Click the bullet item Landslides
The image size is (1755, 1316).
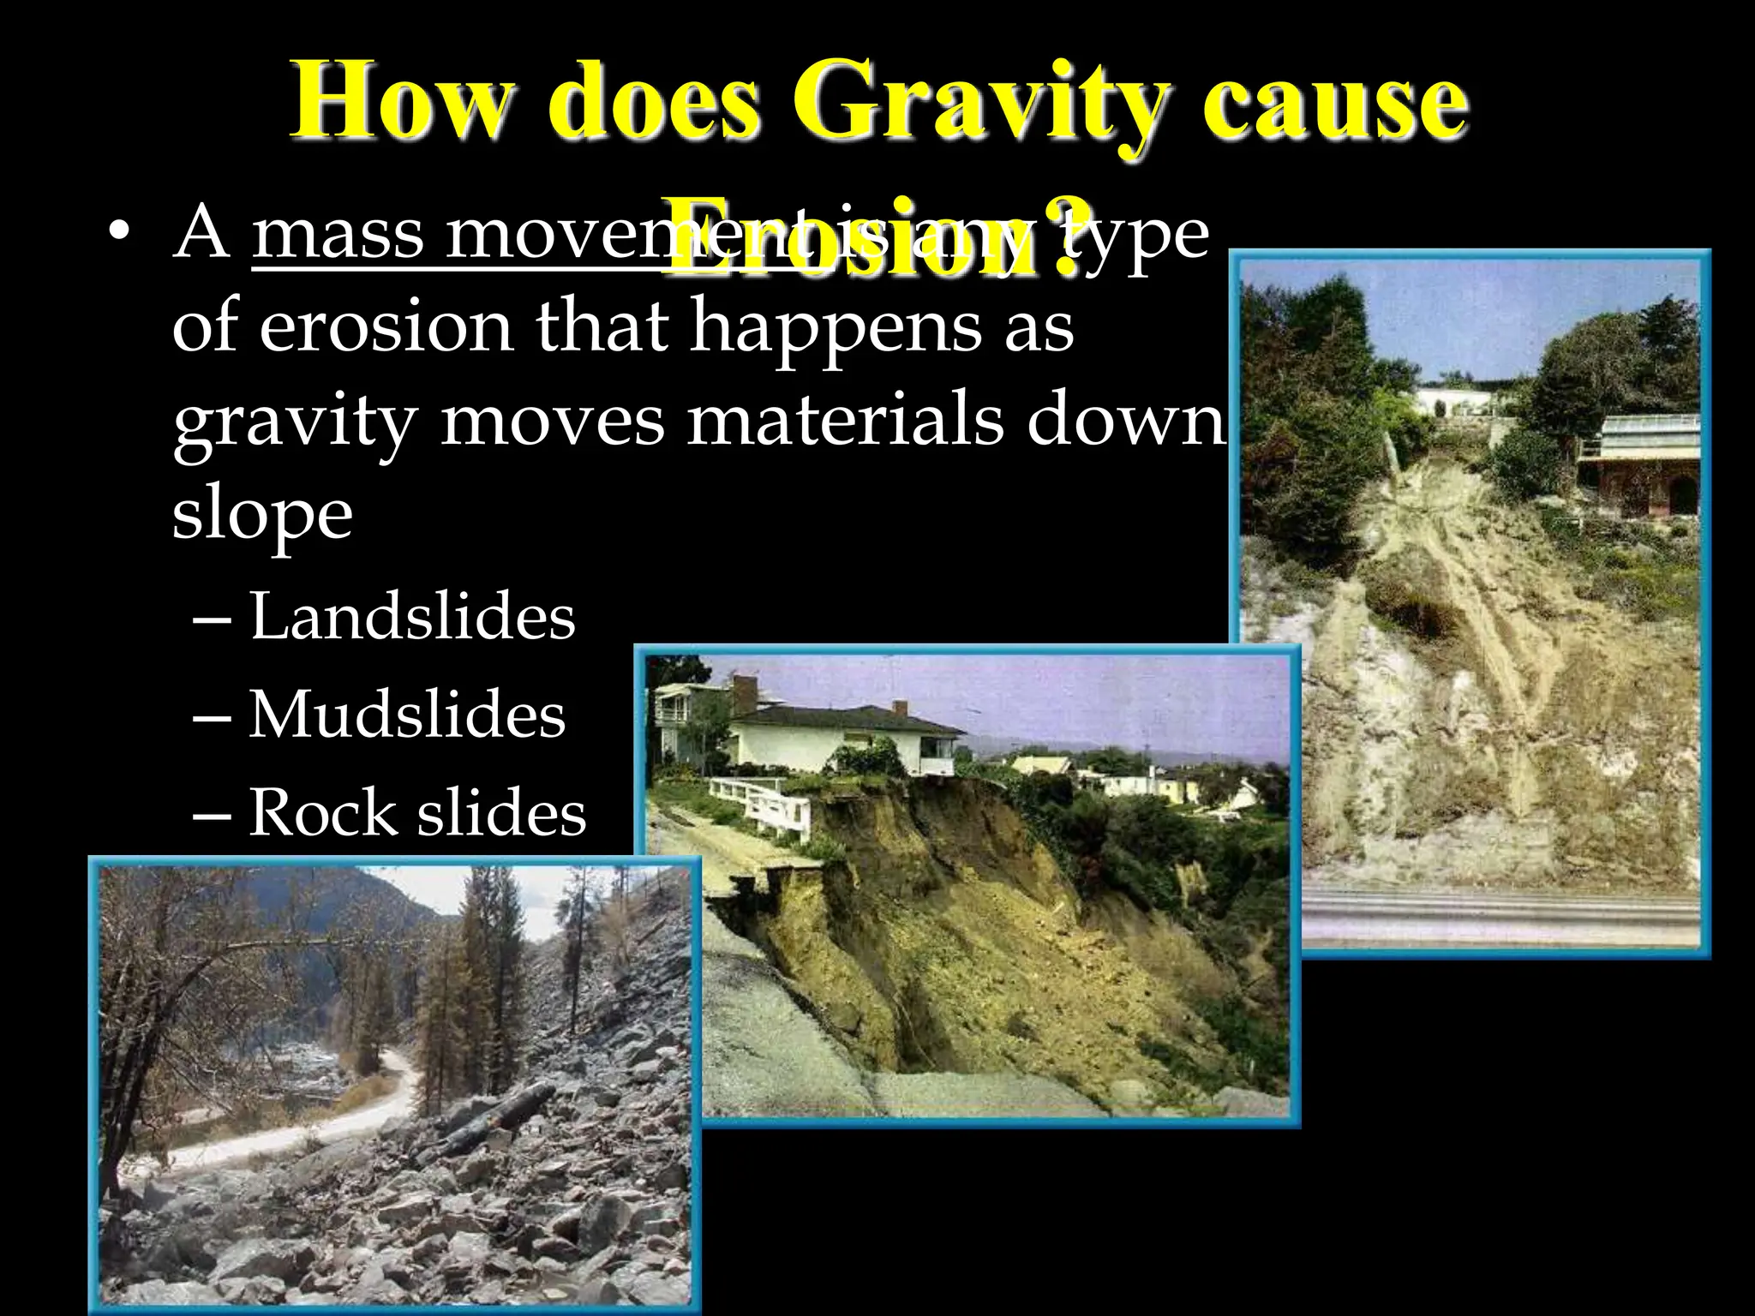(412, 617)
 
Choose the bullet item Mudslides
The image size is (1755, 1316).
(407, 715)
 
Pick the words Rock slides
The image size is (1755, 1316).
(417, 812)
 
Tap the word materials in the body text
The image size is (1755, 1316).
(844, 422)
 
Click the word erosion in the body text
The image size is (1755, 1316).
(385, 327)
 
